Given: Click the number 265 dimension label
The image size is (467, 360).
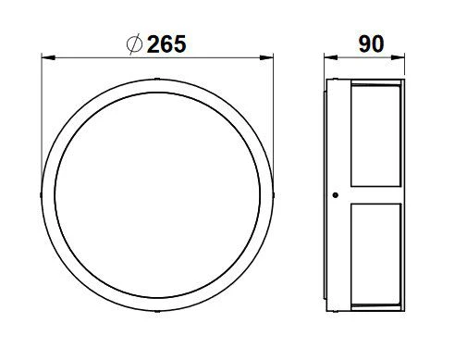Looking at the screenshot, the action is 166,44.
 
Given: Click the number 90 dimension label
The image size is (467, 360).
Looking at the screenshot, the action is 371,44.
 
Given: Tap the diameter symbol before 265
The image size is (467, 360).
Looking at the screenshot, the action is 134,44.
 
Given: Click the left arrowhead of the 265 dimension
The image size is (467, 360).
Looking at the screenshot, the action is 48,57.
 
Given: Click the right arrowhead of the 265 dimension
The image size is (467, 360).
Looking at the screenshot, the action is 266,57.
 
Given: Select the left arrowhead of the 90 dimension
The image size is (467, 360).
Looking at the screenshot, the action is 331,57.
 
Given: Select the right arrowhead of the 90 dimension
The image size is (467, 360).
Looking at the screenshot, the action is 398,57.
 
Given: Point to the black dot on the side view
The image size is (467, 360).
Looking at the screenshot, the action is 336,195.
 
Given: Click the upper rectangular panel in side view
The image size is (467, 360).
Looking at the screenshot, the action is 375,136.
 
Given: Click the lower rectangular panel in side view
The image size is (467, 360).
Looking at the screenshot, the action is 375,254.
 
